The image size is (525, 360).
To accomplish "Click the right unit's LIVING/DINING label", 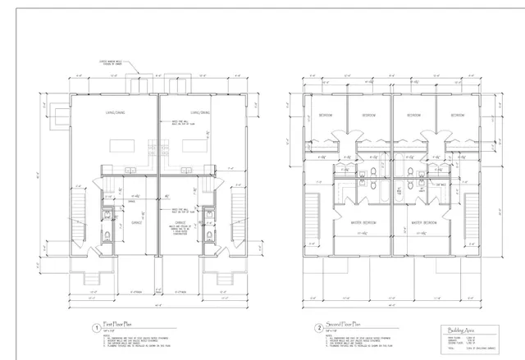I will [200, 112].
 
